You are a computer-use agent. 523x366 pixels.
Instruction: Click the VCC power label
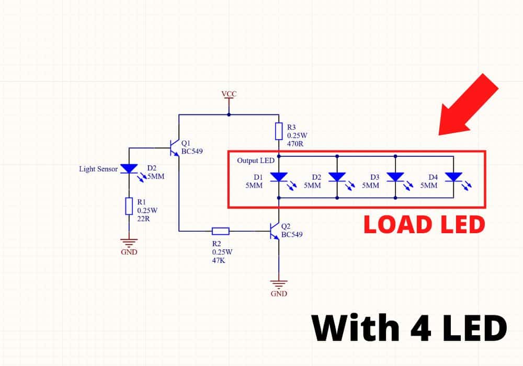click(229, 94)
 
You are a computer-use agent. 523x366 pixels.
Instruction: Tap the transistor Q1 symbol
click(174, 148)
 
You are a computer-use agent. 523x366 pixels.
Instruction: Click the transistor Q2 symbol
click(274, 231)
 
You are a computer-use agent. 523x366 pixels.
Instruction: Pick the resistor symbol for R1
click(129, 206)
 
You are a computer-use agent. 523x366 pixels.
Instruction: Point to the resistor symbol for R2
click(220, 231)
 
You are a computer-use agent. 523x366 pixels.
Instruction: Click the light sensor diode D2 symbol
click(129, 168)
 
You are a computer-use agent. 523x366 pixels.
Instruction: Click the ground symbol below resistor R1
click(129, 243)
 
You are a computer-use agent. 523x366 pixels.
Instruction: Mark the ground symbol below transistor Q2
click(279, 285)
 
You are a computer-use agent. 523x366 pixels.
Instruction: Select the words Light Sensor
click(98, 169)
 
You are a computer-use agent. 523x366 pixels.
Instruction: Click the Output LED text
click(255, 161)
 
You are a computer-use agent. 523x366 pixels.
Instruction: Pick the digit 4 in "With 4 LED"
click(416, 329)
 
